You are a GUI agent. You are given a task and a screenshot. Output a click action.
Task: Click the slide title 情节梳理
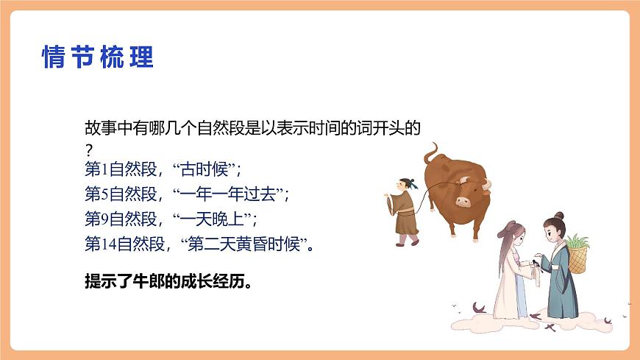pyautogui.click(x=98, y=57)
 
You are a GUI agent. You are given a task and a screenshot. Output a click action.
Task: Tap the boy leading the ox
pyautogui.click(x=405, y=210)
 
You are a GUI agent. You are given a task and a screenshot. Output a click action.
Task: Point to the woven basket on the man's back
pyautogui.click(x=578, y=255)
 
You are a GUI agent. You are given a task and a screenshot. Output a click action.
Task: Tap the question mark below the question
pyautogui.click(x=89, y=150)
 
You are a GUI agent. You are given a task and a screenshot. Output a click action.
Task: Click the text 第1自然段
pyautogui.click(x=121, y=171)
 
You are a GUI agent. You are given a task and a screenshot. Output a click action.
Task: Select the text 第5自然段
pyautogui.click(x=121, y=195)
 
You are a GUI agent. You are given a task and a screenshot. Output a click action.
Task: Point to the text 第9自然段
pyautogui.click(x=121, y=219)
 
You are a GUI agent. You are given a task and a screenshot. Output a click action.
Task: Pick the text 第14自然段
pyautogui.click(x=124, y=244)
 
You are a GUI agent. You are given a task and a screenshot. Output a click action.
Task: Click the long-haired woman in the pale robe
pyautogui.click(x=511, y=272)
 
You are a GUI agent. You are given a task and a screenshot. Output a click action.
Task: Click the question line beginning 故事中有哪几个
pyautogui.click(x=252, y=128)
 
